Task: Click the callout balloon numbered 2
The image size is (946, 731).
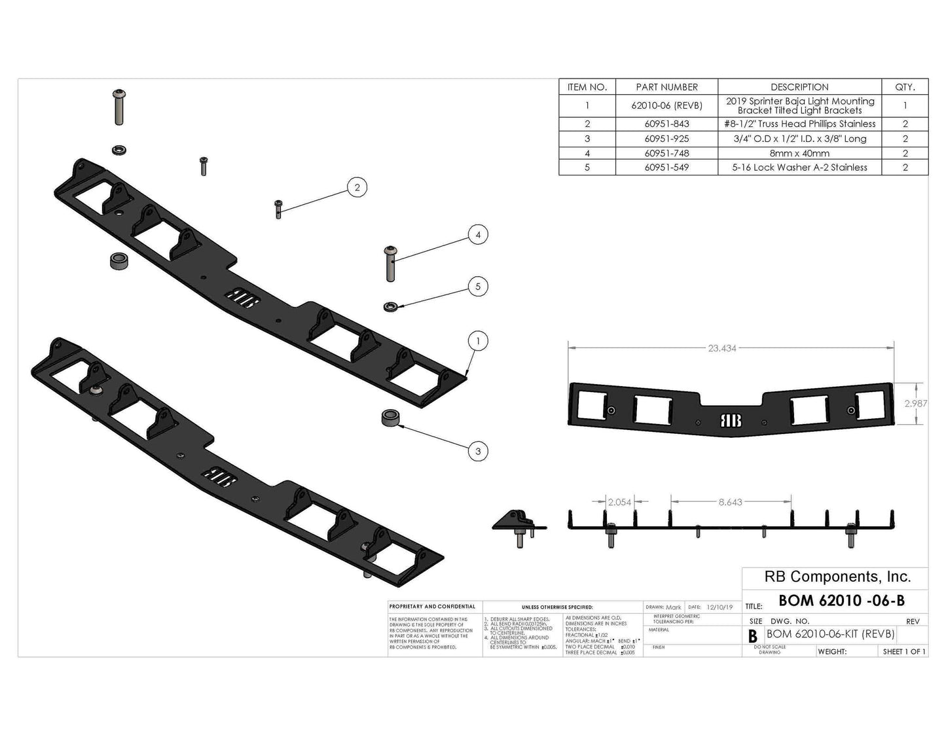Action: click(x=357, y=188)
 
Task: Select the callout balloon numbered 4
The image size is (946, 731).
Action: click(x=478, y=235)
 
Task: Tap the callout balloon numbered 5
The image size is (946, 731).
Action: click(x=478, y=287)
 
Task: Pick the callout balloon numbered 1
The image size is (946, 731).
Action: click(x=478, y=341)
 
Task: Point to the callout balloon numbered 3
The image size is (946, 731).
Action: click(x=478, y=452)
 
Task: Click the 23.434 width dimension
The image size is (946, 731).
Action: click(x=722, y=348)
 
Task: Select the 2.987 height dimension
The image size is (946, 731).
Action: click(x=915, y=403)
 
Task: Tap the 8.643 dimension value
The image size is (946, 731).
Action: click(x=730, y=502)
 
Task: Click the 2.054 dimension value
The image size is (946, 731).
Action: click(x=619, y=502)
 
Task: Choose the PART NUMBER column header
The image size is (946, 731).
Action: click(x=666, y=87)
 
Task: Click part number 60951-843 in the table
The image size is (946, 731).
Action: click(x=666, y=124)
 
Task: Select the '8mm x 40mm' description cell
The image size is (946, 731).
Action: click(x=799, y=153)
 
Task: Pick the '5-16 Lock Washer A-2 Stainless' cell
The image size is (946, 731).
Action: click(x=799, y=168)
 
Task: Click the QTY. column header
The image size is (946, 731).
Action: click(x=905, y=87)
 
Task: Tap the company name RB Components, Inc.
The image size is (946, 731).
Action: click(x=837, y=577)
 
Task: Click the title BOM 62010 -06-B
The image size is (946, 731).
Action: click(x=841, y=600)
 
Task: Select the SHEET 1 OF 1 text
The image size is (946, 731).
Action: click(x=904, y=652)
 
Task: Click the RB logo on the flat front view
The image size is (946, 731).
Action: click(x=731, y=421)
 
